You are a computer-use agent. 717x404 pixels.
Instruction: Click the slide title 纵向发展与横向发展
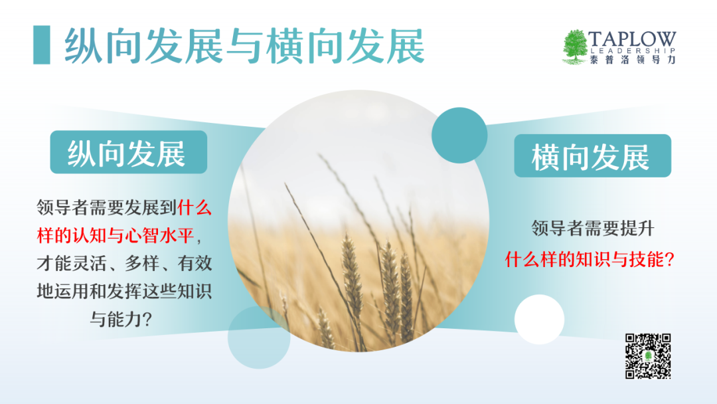[x=244, y=46]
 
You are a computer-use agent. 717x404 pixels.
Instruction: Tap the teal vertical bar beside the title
[x=42, y=45]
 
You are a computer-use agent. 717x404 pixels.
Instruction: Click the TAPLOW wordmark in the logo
[x=632, y=39]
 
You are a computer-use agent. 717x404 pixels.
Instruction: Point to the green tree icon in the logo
[x=575, y=47]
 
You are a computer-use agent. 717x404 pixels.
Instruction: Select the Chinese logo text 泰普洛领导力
[x=633, y=60]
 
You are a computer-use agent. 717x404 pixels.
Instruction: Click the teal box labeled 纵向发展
[x=129, y=152]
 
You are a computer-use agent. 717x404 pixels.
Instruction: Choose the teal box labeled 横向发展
[x=593, y=155]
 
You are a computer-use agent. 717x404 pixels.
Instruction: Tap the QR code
[x=648, y=356]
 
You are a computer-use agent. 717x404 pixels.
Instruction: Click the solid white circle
[x=539, y=320]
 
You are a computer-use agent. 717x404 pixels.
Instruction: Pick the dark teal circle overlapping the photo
[x=459, y=136]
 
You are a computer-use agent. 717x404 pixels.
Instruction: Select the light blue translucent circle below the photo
[x=259, y=338]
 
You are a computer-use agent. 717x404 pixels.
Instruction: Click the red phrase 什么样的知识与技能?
[x=590, y=259]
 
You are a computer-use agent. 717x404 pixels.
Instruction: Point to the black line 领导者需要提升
[x=593, y=228]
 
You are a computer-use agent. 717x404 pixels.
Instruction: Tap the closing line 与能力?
[x=120, y=319]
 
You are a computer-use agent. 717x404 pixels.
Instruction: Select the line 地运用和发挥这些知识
[x=124, y=291]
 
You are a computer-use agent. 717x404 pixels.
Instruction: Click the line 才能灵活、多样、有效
[x=124, y=263]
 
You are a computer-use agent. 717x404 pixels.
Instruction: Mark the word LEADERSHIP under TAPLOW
[x=633, y=50]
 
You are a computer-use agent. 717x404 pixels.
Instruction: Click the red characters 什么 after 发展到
[x=195, y=208]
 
